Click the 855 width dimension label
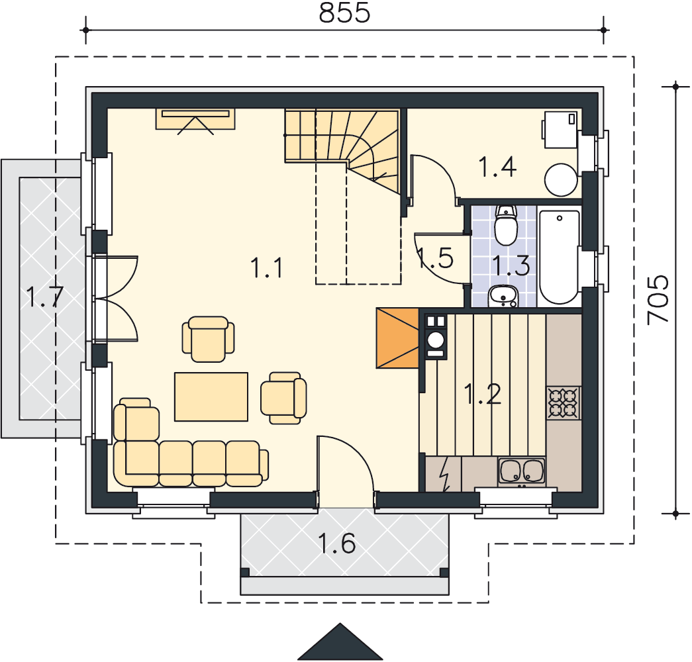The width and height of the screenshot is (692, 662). pos(345,13)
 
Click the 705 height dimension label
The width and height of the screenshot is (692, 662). pos(658,301)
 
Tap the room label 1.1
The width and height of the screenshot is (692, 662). pos(267,268)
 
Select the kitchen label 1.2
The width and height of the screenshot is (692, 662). pos(482,394)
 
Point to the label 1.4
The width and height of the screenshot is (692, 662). pos(497,167)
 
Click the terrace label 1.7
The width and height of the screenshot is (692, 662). pos(45,297)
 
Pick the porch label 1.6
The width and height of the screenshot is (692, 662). pos(337,544)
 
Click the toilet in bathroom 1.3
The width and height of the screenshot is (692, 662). pos(506,225)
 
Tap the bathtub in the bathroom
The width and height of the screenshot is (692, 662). pos(559,257)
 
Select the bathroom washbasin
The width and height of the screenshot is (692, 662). pos(503,296)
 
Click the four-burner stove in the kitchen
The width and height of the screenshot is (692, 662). pos(564,402)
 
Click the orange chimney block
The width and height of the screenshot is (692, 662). pos(397,338)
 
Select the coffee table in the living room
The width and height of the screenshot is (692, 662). pos(211,397)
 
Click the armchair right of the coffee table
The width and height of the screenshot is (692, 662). pos(283,398)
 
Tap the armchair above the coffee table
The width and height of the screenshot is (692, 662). pos(209,339)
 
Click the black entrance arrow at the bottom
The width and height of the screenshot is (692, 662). pos(340,642)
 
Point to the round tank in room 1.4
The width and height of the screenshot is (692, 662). pos(561,180)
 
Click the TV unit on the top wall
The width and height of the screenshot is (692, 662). pos(195,120)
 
